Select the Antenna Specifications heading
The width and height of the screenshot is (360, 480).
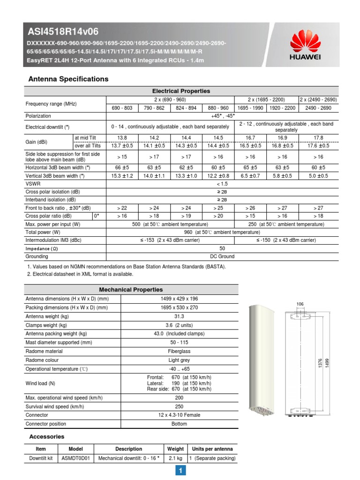pos(68,79)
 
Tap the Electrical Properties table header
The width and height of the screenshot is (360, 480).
pos(181,91)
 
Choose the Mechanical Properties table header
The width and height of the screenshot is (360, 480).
pos(131,290)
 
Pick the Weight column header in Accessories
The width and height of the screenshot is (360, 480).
pos(175,449)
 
